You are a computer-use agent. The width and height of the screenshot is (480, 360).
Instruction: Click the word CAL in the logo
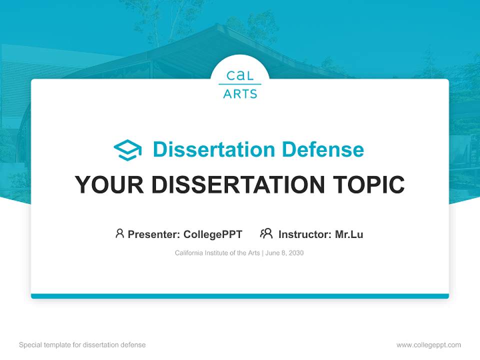coord(240,76)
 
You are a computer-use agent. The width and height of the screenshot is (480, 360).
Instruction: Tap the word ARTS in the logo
coord(240,93)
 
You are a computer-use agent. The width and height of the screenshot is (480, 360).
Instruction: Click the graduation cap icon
coord(127,150)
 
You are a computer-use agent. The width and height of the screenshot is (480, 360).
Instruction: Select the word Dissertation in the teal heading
coord(214,149)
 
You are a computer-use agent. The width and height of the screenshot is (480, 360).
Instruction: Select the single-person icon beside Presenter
coord(119,233)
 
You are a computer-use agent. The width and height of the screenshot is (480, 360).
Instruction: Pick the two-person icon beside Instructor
coord(266,233)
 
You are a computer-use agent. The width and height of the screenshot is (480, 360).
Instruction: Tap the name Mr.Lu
coord(349,234)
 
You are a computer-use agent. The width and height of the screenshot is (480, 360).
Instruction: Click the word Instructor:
coord(305,234)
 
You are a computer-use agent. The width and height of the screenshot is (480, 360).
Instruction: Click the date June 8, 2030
coord(284,253)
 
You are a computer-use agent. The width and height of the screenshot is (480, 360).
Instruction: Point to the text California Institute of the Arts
coord(217,253)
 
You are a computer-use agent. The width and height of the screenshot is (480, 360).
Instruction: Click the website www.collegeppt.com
coord(428,345)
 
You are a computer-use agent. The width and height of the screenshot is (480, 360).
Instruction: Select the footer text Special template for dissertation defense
coord(82,345)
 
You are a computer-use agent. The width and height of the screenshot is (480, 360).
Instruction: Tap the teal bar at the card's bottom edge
coord(240,296)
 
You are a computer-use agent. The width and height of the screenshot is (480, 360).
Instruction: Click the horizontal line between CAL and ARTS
coord(240,84)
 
